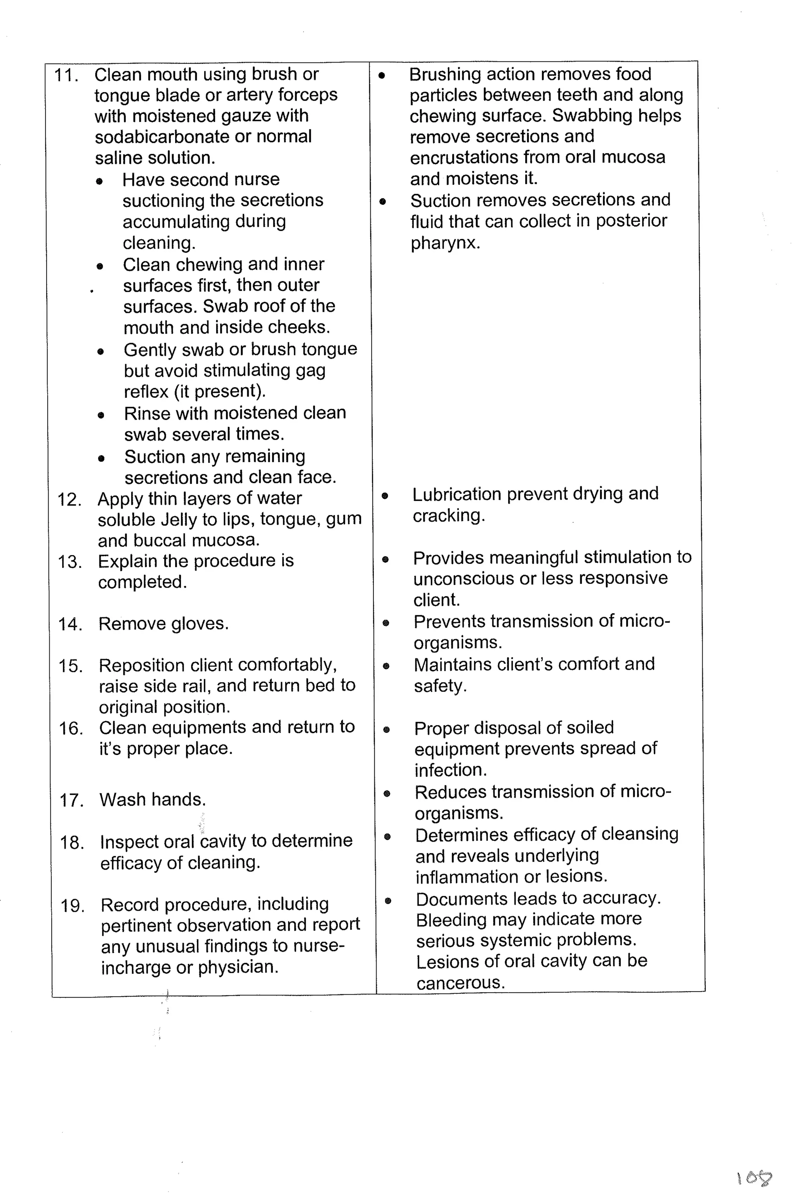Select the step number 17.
click(71, 800)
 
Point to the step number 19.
click(73, 905)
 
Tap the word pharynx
click(444, 243)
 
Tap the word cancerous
click(460, 983)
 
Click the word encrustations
click(464, 158)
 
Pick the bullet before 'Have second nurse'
click(100, 181)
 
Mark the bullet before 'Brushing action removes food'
click(382, 76)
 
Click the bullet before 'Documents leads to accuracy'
click(388, 901)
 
